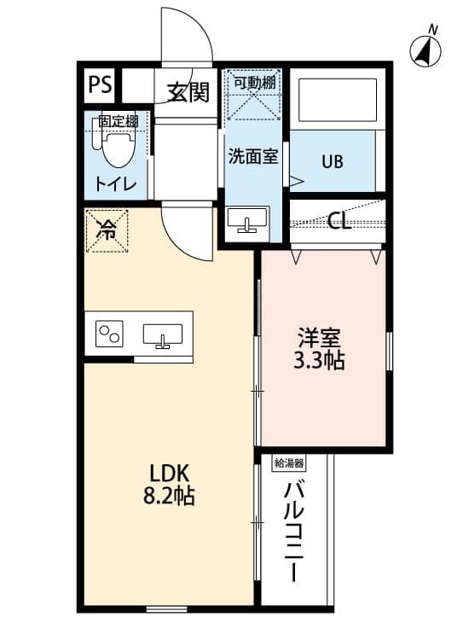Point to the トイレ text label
pyautogui.click(x=114, y=182)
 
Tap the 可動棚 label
pyautogui.click(x=255, y=82)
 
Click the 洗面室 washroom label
pyautogui.click(x=252, y=157)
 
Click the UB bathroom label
pyautogui.click(x=333, y=160)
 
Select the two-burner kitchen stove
pyautogui.click(x=109, y=333)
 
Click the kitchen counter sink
pyautogui.click(x=162, y=334)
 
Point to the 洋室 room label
pyautogui.click(x=319, y=337)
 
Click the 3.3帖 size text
pyautogui.click(x=319, y=360)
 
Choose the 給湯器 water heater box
pyautogui.click(x=289, y=463)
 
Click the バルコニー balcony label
pyautogui.click(x=296, y=531)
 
